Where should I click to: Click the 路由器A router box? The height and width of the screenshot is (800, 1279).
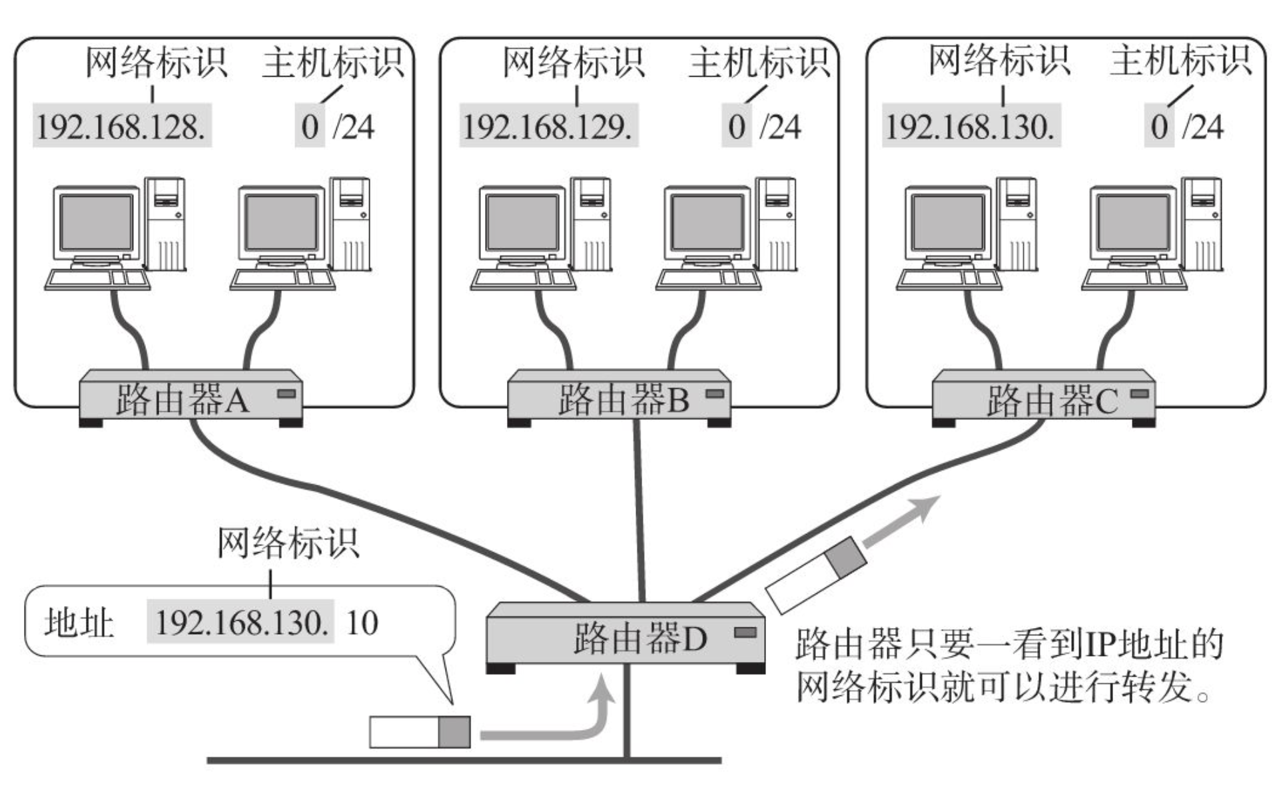click(x=191, y=398)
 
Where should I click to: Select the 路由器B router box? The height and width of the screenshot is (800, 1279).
click(x=619, y=398)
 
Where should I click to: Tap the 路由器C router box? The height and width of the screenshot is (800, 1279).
click(x=1043, y=398)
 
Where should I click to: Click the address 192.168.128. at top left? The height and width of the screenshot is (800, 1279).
click(x=121, y=126)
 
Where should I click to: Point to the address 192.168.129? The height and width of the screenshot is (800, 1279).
click(x=548, y=126)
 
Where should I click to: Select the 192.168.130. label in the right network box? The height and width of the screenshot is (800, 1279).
click(x=971, y=126)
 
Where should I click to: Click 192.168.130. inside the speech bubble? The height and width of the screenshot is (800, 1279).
click(x=240, y=623)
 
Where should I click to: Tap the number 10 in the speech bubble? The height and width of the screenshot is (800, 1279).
click(x=362, y=623)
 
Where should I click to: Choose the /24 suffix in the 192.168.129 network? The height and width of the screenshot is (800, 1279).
click(x=781, y=127)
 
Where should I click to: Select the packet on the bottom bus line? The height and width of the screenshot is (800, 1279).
click(x=420, y=732)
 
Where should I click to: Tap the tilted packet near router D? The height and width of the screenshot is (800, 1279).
click(x=817, y=574)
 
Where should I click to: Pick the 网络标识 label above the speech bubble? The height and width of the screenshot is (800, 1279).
click(x=288, y=543)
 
